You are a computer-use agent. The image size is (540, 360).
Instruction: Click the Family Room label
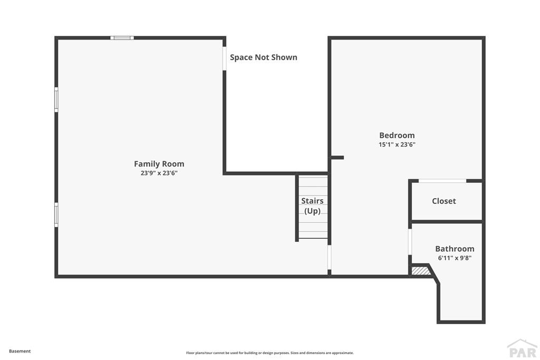pyautogui.click(x=159, y=164)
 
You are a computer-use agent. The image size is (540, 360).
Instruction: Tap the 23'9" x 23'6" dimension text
pyautogui.click(x=159, y=173)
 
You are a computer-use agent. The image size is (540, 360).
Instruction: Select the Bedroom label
pyautogui.click(x=397, y=135)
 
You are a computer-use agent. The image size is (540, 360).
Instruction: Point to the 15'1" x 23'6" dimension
pyautogui.click(x=397, y=144)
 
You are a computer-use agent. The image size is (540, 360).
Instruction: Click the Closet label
pyautogui.click(x=444, y=201)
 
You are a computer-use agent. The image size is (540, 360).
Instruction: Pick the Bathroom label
pyautogui.click(x=455, y=248)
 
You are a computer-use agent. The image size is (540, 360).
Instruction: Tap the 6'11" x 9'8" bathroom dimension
pyautogui.click(x=455, y=258)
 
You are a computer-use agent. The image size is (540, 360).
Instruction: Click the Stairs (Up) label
pyautogui.click(x=312, y=206)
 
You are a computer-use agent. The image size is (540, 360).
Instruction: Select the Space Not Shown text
pyautogui.click(x=264, y=57)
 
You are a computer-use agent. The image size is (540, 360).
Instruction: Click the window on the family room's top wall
pyautogui.click(x=122, y=38)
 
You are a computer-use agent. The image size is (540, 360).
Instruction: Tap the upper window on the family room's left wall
pyautogui.click(x=56, y=100)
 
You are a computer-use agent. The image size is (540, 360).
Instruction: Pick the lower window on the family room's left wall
pyautogui.click(x=56, y=215)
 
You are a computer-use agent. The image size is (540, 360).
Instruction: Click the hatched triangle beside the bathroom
pyautogui.click(x=420, y=270)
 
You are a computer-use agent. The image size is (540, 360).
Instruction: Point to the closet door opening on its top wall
pyautogui.click(x=442, y=181)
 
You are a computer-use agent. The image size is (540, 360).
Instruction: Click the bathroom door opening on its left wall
pyautogui.click(x=410, y=241)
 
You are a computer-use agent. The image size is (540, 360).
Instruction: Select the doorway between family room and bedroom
pyautogui.click(x=329, y=257)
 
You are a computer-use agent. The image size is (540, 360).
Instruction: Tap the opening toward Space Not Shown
pyautogui.click(x=224, y=59)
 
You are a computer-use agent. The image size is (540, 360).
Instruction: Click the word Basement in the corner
pyautogui.click(x=20, y=351)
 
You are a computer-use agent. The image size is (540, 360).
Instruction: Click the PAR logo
pyautogui.click(x=522, y=348)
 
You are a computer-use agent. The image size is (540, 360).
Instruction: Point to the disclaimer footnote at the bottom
pyautogui.click(x=270, y=353)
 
